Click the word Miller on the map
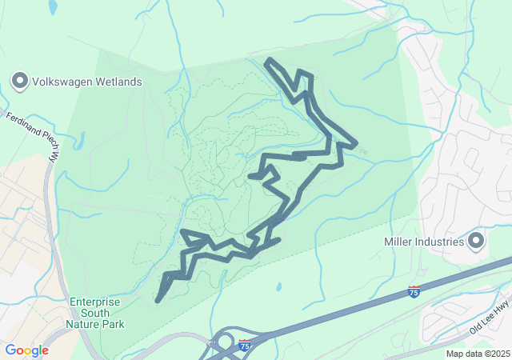pyautogui.click(x=399, y=242)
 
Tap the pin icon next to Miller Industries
pyautogui.click(x=476, y=241)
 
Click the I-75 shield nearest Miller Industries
pyautogui.click(x=414, y=292)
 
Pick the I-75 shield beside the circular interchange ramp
pyautogui.click(x=245, y=346)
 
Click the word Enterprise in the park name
pyautogui.click(x=94, y=302)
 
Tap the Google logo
pyautogui.click(x=26, y=350)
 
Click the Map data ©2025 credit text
pyautogui.click(x=478, y=354)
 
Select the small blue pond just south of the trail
pyautogui.click(x=278, y=286)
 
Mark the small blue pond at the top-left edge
pyautogui.click(x=53, y=7)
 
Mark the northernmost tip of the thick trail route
pyautogui.click(x=269, y=61)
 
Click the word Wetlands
pyautogui.click(x=117, y=82)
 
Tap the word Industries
pyautogui.click(x=440, y=242)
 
